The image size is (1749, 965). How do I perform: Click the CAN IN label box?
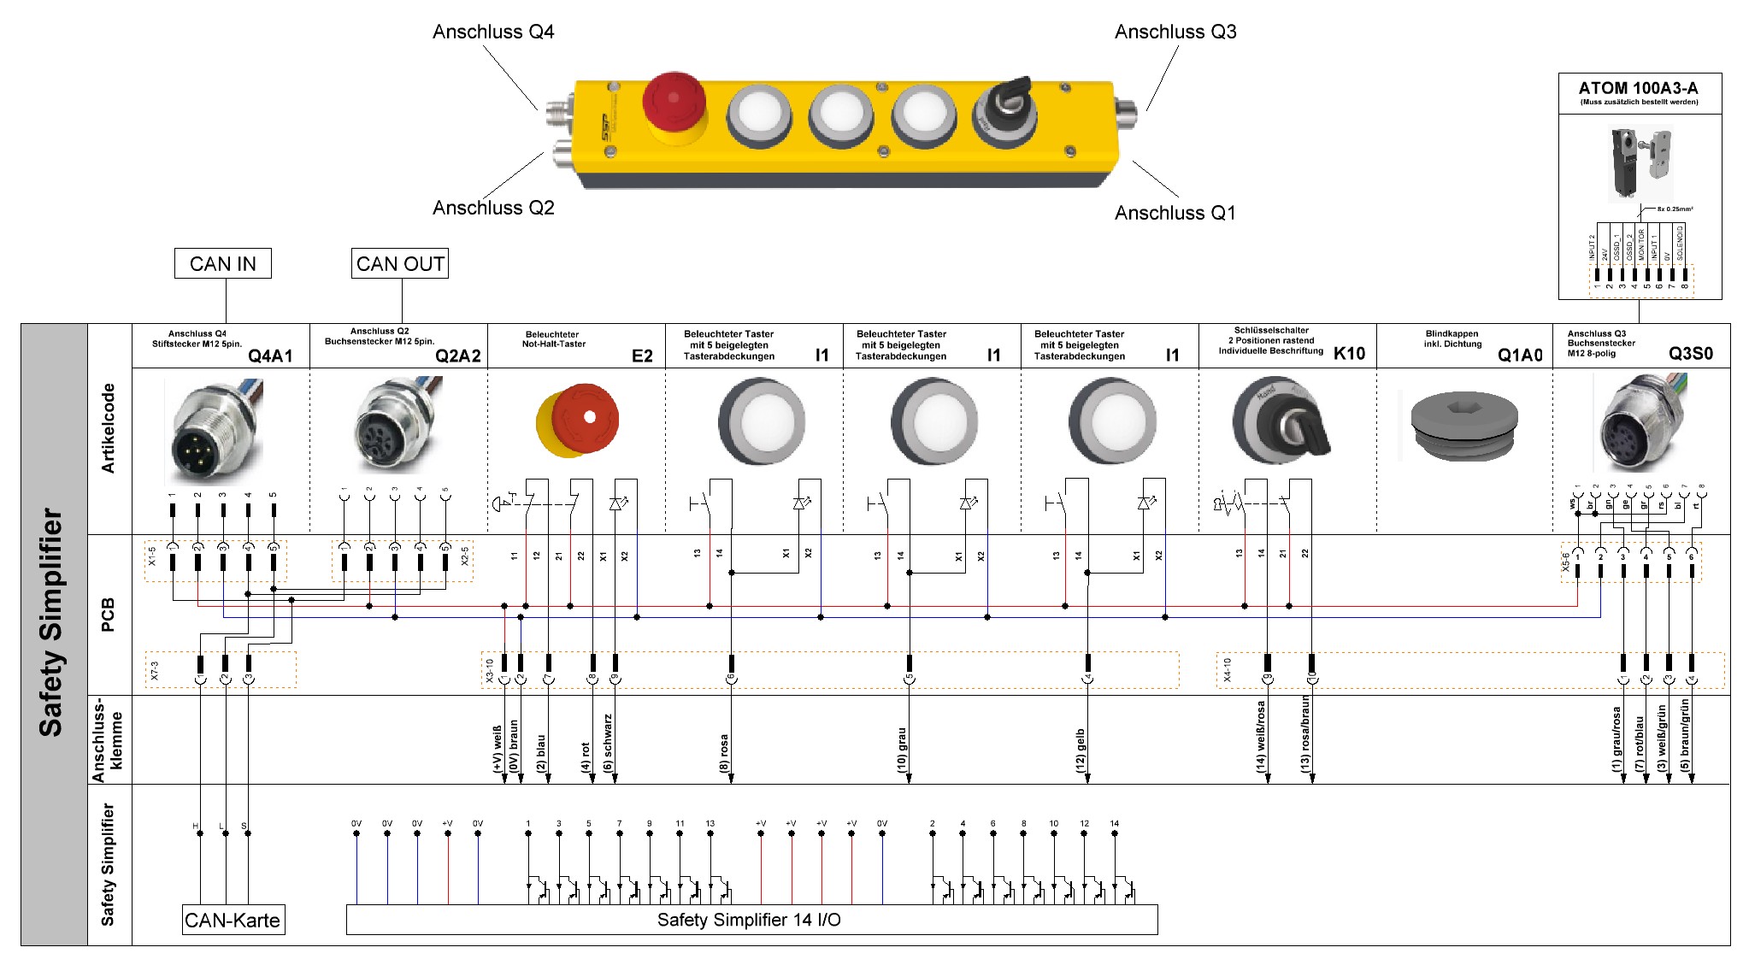(222, 263)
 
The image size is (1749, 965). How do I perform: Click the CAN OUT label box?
(400, 263)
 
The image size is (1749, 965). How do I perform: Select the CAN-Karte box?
(233, 921)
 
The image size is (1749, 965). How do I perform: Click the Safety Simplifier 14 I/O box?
(751, 920)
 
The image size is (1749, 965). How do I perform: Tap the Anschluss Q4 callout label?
(493, 32)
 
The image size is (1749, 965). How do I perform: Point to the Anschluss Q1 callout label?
(1175, 213)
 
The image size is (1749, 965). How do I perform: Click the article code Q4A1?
(270, 356)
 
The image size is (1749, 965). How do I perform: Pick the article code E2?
(642, 356)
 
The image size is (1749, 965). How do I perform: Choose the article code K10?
(1349, 354)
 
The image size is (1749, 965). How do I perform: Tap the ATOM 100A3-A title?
(1638, 88)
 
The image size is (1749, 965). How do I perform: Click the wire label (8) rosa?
(724, 753)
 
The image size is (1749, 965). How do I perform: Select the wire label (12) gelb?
(1080, 750)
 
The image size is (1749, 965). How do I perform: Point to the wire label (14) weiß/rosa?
(1260, 737)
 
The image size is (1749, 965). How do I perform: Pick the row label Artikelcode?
(109, 428)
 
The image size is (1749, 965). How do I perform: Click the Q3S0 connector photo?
(1640, 422)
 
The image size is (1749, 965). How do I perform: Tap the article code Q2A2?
(457, 356)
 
